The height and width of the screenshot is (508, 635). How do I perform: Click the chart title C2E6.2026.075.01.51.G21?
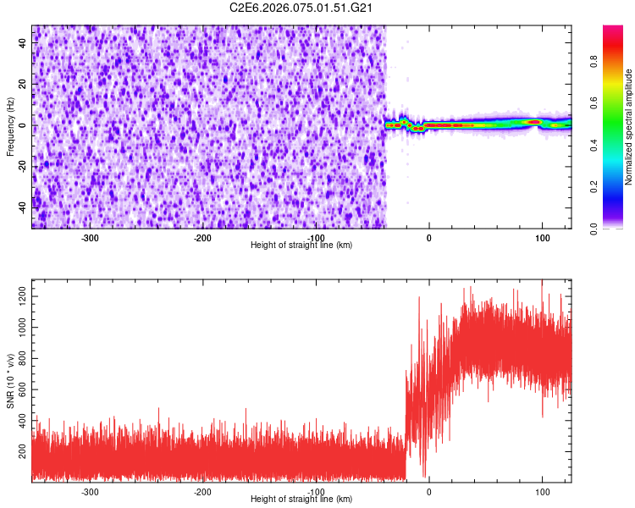(x=302, y=8)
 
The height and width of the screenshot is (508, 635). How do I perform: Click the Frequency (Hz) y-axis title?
(x=11, y=126)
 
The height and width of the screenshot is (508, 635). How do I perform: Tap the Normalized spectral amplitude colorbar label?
(x=629, y=127)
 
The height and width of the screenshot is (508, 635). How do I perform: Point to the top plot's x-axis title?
(x=301, y=245)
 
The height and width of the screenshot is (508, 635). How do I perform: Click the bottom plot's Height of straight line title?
(x=301, y=499)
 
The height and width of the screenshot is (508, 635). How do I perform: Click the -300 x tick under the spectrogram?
(x=90, y=238)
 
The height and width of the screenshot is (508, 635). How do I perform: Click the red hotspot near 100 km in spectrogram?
(x=534, y=122)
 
